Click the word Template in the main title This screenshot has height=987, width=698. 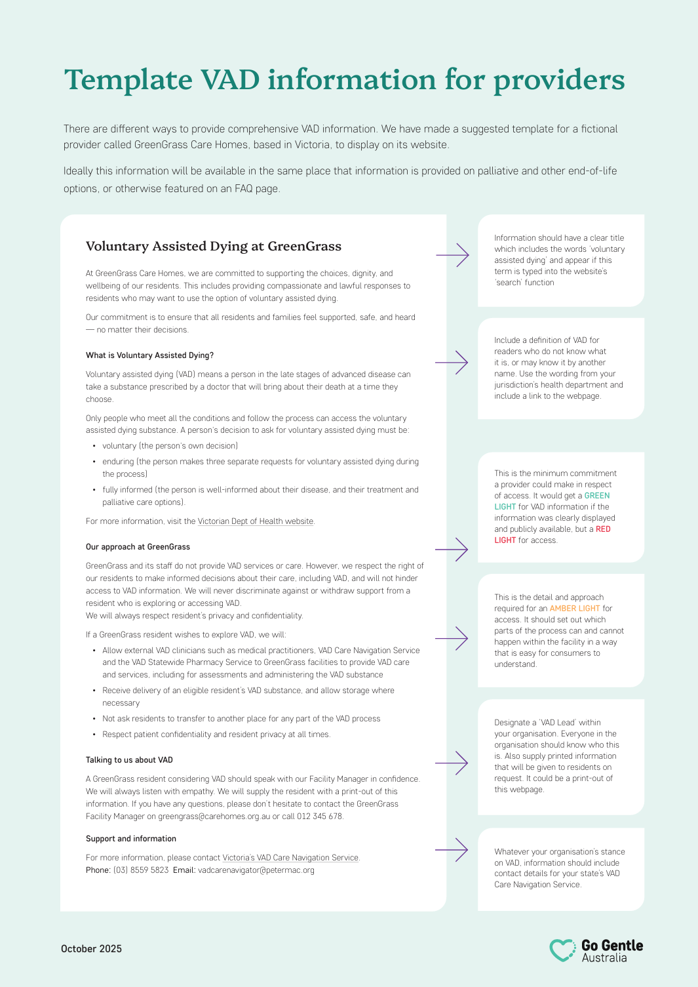tap(128, 81)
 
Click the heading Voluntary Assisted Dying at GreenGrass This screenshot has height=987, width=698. tap(214, 247)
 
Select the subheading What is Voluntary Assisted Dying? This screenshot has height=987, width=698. tap(149, 355)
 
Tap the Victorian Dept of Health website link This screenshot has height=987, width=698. tap(256, 521)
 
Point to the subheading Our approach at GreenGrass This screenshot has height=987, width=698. tap(138, 547)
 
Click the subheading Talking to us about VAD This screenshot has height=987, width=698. tap(129, 760)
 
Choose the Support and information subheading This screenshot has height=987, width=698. tap(131, 839)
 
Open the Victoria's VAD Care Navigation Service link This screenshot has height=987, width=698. tap(290, 858)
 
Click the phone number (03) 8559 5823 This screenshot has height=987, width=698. tap(141, 870)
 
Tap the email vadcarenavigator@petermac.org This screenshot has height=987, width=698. tap(256, 870)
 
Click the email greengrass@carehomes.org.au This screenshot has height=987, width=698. tap(214, 816)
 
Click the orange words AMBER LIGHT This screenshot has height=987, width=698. tap(575, 609)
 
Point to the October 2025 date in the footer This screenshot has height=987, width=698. tap(91, 949)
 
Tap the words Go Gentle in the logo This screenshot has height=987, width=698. tap(612, 945)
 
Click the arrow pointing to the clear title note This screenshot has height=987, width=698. tap(453, 254)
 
